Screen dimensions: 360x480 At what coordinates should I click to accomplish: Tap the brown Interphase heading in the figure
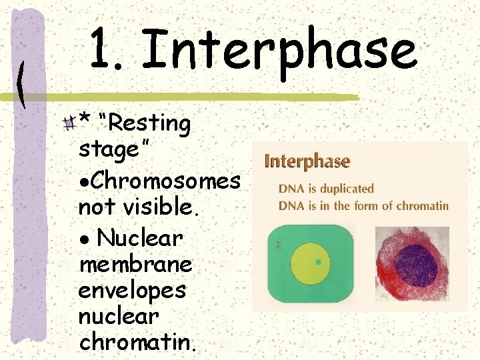(x=307, y=161)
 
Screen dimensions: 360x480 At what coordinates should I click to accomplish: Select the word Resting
(x=149, y=123)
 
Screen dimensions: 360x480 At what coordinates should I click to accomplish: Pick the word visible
(x=160, y=208)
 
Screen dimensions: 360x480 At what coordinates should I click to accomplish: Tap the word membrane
(x=135, y=265)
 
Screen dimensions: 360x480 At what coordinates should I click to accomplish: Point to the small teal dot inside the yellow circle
(x=318, y=262)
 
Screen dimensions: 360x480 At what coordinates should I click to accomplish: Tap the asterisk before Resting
(x=85, y=119)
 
